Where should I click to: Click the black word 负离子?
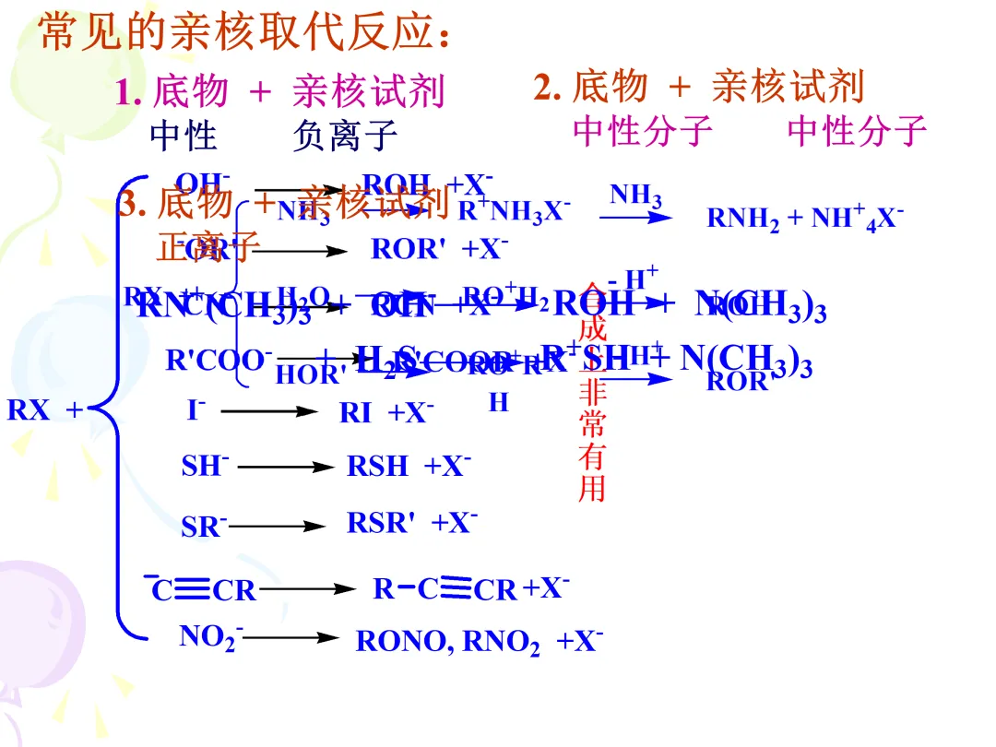click(x=345, y=136)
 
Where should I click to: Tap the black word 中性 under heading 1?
click(x=183, y=136)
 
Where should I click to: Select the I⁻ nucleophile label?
click(x=196, y=409)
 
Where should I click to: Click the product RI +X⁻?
click(x=386, y=412)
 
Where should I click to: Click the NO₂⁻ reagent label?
click(x=211, y=636)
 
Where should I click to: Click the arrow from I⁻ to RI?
click(x=268, y=412)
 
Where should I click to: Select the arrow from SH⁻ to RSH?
click(x=286, y=468)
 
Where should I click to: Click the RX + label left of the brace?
click(x=44, y=410)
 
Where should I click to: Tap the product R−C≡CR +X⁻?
click(x=471, y=588)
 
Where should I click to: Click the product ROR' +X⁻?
click(x=439, y=249)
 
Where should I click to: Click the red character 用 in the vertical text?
click(x=591, y=488)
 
